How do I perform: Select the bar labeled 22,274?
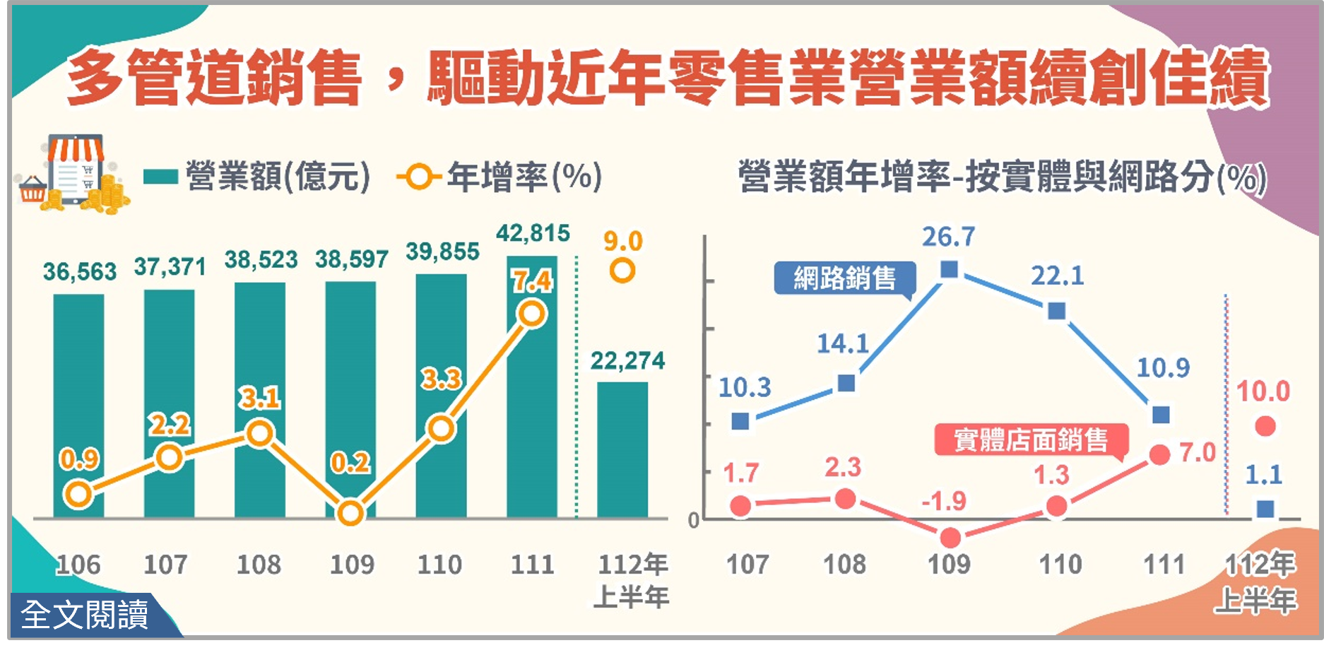click(x=622, y=449)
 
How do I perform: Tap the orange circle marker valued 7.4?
click(x=531, y=314)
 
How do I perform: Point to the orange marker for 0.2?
click(x=350, y=514)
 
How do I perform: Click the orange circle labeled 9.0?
click(x=622, y=271)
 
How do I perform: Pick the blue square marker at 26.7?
click(x=950, y=269)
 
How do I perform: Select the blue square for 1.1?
click(x=1265, y=509)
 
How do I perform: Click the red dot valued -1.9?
click(x=950, y=538)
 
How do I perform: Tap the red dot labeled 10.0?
click(x=1265, y=426)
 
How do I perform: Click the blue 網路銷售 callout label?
click(x=844, y=278)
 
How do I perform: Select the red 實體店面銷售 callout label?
click(x=1031, y=440)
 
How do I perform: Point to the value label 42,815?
click(x=533, y=233)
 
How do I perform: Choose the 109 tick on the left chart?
click(x=352, y=565)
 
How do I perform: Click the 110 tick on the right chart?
click(x=1060, y=565)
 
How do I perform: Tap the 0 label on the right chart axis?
click(x=693, y=521)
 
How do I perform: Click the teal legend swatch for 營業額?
click(x=160, y=176)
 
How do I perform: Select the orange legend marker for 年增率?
click(x=419, y=176)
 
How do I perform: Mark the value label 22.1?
click(x=1057, y=276)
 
